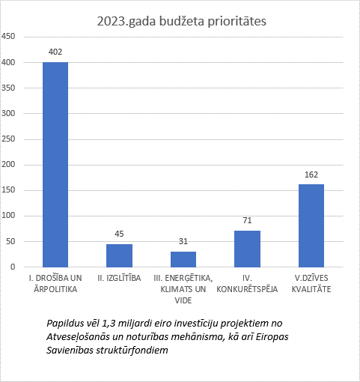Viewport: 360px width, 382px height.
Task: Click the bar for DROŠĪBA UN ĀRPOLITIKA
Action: coord(55,165)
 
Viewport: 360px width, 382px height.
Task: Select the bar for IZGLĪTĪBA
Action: coord(119,255)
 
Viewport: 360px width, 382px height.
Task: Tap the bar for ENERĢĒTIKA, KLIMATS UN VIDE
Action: coord(183,259)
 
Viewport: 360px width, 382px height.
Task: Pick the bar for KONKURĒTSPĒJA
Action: coord(247,249)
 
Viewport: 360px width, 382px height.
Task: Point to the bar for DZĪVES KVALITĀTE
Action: coord(311,225)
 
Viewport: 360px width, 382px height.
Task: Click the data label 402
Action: coord(55,52)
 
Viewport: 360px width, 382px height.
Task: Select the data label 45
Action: coord(119,234)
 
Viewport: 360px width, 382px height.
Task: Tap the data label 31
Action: coord(183,241)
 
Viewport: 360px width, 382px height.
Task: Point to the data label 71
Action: coord(247,220)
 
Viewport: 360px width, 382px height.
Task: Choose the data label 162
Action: coord(311,175)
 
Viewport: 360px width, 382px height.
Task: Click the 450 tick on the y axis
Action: coord(8,37)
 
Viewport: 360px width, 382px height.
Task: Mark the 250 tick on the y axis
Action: coord(8,139)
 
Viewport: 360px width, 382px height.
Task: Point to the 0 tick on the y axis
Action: coord(13,267)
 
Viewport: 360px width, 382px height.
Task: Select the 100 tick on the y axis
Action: coord(8,215)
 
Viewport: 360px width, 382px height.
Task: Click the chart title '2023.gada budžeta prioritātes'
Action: coord(182,22)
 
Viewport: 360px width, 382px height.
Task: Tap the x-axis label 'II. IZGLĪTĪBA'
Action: coord(119,278)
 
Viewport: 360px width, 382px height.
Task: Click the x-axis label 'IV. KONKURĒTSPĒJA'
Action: coord(247,284)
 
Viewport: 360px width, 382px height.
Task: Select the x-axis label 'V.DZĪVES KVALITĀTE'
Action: coord(311,284)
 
